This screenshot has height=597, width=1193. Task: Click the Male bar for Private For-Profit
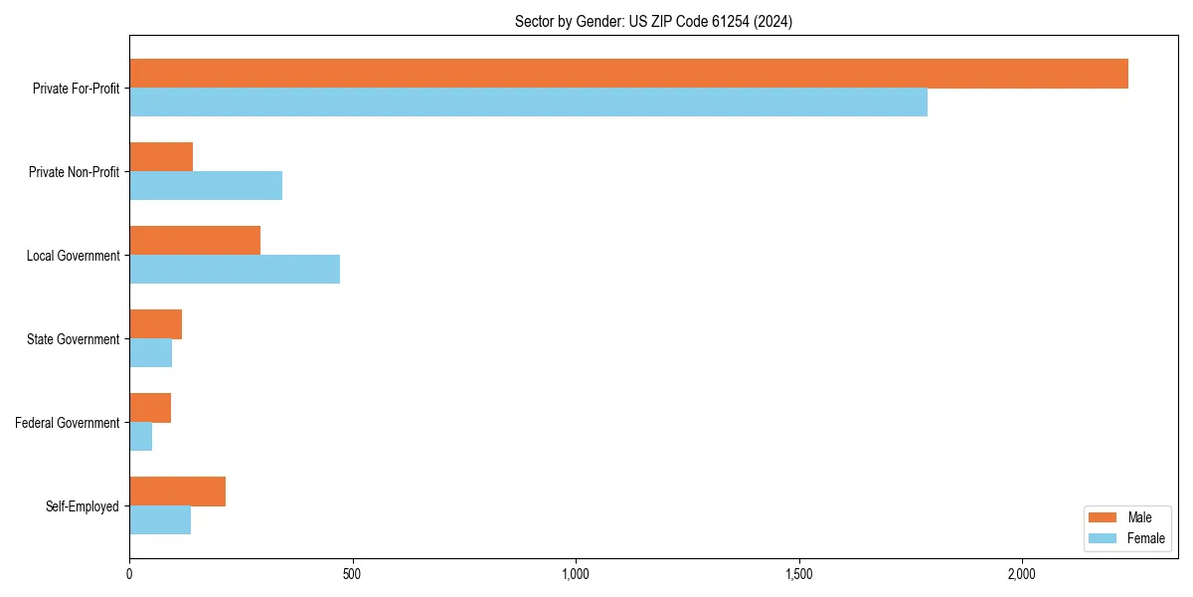628,74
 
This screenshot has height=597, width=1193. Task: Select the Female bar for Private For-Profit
528,102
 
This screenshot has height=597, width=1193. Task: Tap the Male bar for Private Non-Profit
161,157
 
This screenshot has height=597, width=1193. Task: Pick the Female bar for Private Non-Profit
206,186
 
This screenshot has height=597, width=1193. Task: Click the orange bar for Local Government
195,241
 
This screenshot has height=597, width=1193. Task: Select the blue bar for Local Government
235,270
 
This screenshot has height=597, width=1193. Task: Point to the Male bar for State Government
155,324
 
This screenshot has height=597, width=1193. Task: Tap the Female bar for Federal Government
140,437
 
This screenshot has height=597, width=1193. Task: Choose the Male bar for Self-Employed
177,492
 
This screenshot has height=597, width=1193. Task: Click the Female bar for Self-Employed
160,520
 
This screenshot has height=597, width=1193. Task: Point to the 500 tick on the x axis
352,574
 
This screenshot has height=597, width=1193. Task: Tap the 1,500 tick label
798,574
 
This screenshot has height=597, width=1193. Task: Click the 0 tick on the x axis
129,574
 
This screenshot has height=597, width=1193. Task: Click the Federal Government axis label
68,423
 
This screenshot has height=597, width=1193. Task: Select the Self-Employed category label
83,506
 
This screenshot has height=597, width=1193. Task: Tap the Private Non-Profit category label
74,172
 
